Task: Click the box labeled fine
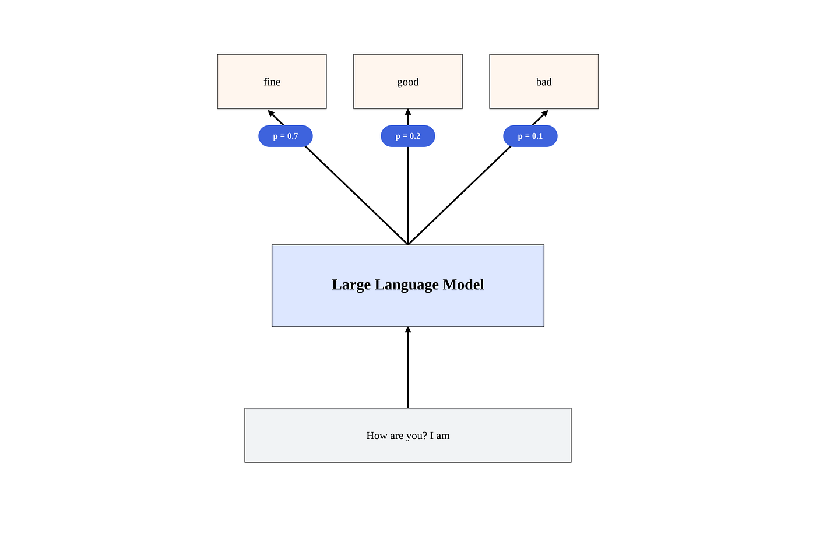272,82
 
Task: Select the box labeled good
408,82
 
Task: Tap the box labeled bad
544,82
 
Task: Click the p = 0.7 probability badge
286,136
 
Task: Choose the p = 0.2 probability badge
408,136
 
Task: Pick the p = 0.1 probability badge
530,136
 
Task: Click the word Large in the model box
351,285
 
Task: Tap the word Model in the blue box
463,284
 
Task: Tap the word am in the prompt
443,436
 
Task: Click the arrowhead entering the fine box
272,114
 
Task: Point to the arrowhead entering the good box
408,112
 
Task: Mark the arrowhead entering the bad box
544,114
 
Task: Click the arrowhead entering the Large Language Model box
408,330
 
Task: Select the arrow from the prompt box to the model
408,367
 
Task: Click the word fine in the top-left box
272,82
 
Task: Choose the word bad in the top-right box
544,82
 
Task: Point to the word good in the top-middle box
408,82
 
